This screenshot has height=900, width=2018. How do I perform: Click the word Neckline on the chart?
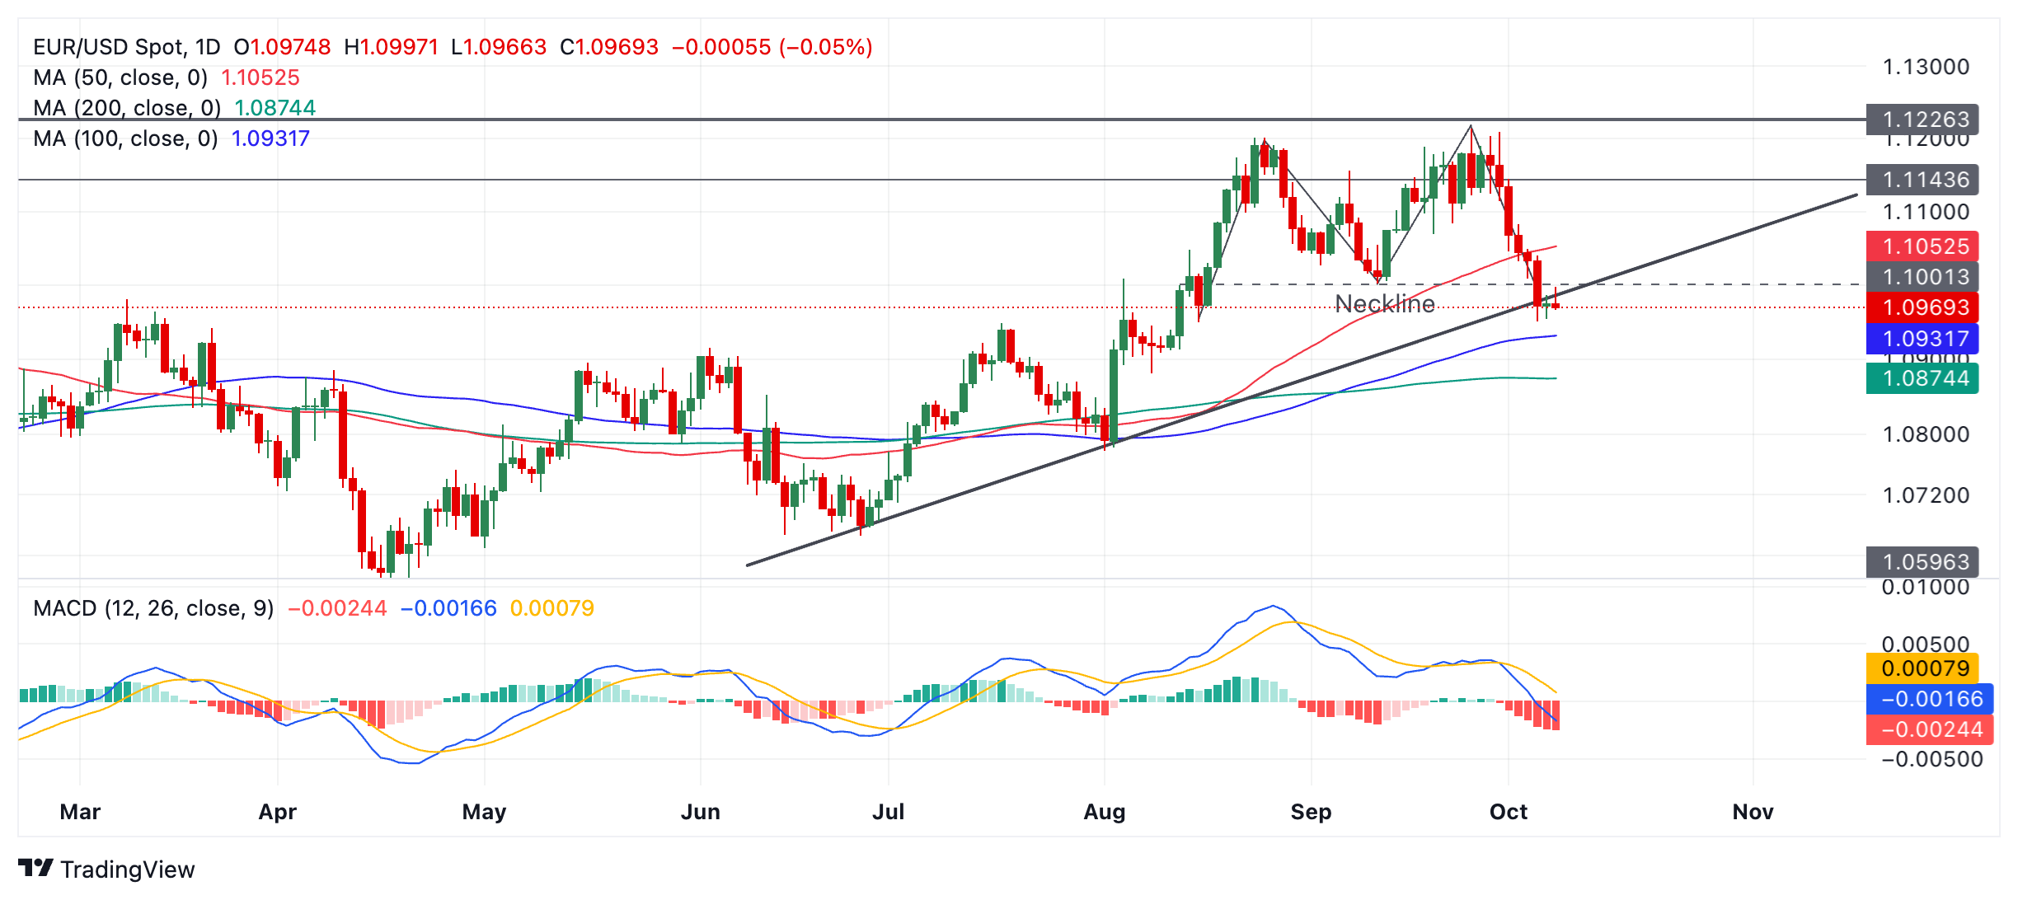(x=1384, y=304)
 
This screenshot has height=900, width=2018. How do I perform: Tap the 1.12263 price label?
(x=1922, y=120)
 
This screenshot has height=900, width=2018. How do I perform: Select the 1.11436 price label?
(x=1922, y=180)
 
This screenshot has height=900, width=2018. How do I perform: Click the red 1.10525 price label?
(x=1922, y=246)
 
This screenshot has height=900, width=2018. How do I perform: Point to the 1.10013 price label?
(x=1922, y=277)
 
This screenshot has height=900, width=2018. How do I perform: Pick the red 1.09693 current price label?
(x=1922, y=307)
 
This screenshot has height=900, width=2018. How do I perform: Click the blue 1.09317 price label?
(x=1922, y=339)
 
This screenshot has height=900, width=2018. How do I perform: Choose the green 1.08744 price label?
(x=1922, y=378)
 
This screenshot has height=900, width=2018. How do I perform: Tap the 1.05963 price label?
(x=1922, y=562)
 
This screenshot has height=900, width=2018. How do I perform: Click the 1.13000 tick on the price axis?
(x=1926, y=67)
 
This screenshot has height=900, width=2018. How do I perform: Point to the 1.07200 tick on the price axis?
(x=1926, y=495)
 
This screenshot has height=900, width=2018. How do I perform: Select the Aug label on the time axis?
(x=1104, y=812)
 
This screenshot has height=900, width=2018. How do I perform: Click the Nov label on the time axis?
(x=1753, y=812)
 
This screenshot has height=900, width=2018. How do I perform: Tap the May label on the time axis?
(x=484, y=812)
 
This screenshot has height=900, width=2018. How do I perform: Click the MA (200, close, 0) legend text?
(x=127, y=108)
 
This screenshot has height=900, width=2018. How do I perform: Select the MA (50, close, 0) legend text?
(x=120, y=77)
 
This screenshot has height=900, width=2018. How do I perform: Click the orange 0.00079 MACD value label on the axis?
(x=1922, y=668)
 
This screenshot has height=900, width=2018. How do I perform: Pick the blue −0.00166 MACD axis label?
(x=1929, y=699)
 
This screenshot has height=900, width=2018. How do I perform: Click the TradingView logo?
(x=106, y=869)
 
